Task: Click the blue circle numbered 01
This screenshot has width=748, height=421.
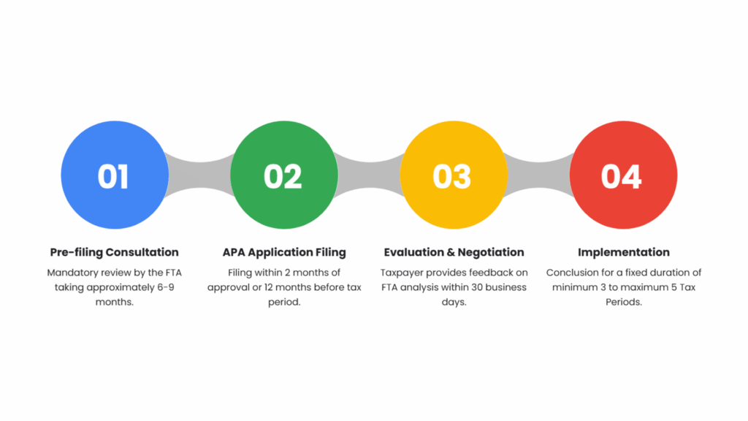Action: pyautogui.click(x=114, y=175)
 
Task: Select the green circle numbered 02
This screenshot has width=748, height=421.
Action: pyautogui.click(x=283, y=175)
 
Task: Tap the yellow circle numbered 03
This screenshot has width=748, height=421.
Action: pyautogui.click(x=453, y=175)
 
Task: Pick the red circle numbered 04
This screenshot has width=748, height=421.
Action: pyautogui.click(x=622, y=175)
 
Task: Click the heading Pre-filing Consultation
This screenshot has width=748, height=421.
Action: pyautogui.click(x=114, y=252)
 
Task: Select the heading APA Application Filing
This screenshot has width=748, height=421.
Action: pyautogui.click(x=284, y=252)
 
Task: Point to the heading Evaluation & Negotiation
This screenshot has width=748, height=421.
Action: pyautogui.click(x=454, y=252)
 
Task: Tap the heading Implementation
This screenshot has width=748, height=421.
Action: pyautogui.click(x=623, y=252)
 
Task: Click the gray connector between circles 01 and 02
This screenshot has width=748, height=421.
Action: pyautogui.click(x=199, y=175)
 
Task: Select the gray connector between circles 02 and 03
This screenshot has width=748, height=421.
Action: pyautogui.click(x=369, y=175)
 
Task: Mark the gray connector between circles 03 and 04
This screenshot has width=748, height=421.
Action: pyautogui.click(x=538, y=175)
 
